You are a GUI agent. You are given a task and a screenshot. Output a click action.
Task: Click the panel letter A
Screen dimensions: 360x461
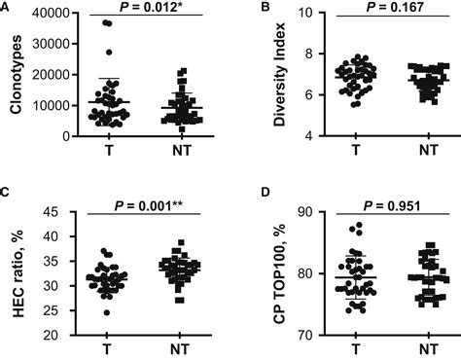click(x=6, y=8)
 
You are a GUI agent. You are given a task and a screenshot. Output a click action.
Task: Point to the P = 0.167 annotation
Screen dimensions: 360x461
click(x=372, y=9)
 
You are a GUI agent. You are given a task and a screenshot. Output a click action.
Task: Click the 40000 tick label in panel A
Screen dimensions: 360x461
click(x=46, y=13)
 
